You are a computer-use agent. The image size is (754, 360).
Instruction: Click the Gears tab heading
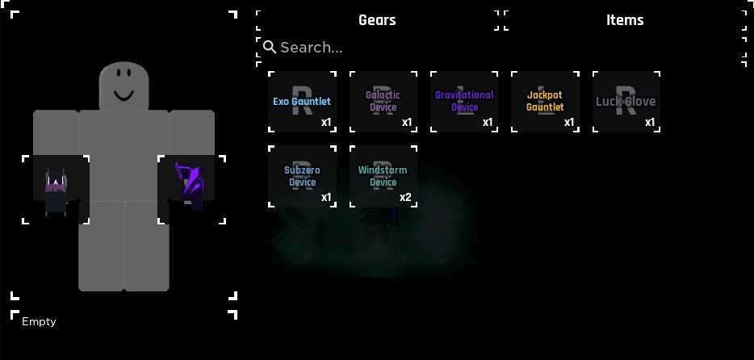[x=377, y=20]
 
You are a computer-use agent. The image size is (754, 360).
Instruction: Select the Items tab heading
[x=625, y=20]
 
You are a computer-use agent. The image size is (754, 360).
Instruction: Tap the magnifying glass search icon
[x=270, y=47]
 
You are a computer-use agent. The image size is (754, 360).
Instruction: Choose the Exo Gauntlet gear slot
[x=302, y=102]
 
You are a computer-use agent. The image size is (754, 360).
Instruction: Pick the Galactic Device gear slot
[x=383, y=102]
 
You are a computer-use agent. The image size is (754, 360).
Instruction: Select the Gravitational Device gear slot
[x=464, y=102]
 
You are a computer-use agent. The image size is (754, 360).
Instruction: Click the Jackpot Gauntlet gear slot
[x=545, y=102]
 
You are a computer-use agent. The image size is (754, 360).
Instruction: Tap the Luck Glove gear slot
[x=626, y=102]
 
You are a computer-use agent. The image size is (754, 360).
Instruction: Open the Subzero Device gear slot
[x=302, y=177]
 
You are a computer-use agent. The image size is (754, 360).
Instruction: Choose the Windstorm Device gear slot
[x=383, y=177]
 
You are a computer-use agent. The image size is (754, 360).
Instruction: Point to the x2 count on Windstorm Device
[x=405, y=198]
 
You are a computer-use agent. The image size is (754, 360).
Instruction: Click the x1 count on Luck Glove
[x=650, y=123]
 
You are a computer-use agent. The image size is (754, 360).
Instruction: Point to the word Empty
[x=39, y=321]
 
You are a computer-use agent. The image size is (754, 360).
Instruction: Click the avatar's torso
[x=124, y=155]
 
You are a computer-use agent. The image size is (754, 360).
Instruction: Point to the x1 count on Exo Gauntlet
[x=326, y=123]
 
